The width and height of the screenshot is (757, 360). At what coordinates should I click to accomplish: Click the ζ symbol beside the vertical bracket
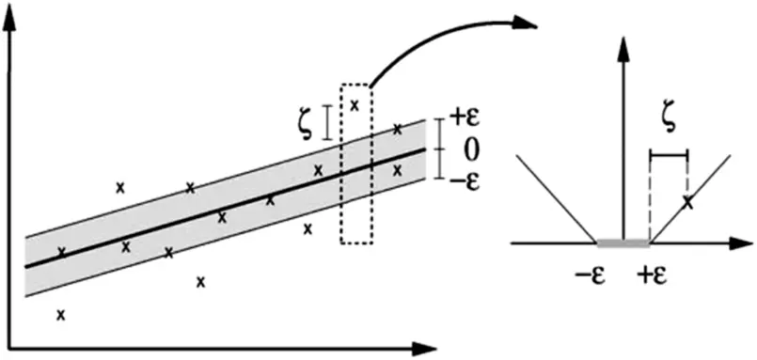click(305, 123)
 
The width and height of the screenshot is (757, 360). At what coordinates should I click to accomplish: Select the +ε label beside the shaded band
click(465, 117)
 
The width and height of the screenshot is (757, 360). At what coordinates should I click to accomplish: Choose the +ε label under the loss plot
click(655, 277)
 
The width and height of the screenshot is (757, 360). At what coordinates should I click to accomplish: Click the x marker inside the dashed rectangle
click(355, 104)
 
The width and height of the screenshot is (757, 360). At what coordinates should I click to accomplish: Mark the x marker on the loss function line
click(688, 200)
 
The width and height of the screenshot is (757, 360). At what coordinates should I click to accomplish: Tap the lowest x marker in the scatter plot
click(61, 315)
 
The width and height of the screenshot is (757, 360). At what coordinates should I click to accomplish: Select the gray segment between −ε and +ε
click(621, 243)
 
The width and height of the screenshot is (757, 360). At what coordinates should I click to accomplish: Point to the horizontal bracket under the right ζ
click(669, 153)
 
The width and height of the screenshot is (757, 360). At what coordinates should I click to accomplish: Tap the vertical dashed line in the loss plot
click(650, 197)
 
